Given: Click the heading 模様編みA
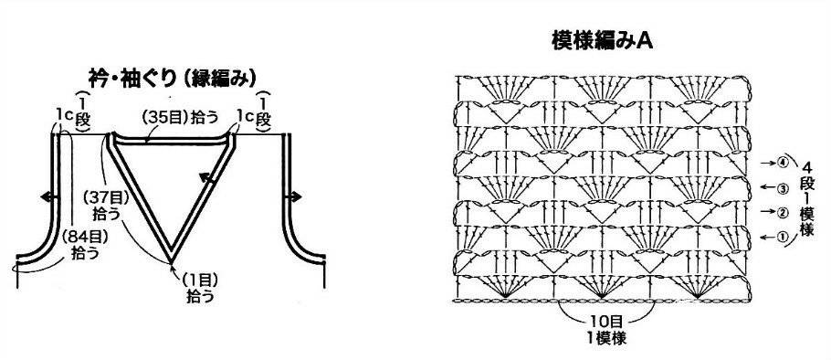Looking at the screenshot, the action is (x=602, y=41).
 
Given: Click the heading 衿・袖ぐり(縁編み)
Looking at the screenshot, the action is (x=173, y=79).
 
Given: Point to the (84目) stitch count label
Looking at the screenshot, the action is (x=85, y=237).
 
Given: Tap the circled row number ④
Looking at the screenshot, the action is (x=784, y=163).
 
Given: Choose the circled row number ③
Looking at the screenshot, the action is (x=784, y=187).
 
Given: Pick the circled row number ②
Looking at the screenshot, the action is (x=784, y=212).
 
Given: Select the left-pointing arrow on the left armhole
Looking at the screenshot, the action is (x=49, y=196).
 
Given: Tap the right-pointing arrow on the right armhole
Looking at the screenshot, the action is (x=293, y=196).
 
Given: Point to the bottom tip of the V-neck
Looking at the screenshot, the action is (x=171, y=262).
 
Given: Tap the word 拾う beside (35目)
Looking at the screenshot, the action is (x=205, y=118).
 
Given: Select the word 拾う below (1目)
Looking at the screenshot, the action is (x=200, y=296).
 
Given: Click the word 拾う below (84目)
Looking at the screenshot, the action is (x=85, y=253).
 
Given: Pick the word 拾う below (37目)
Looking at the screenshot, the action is (x=106, y=214).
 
